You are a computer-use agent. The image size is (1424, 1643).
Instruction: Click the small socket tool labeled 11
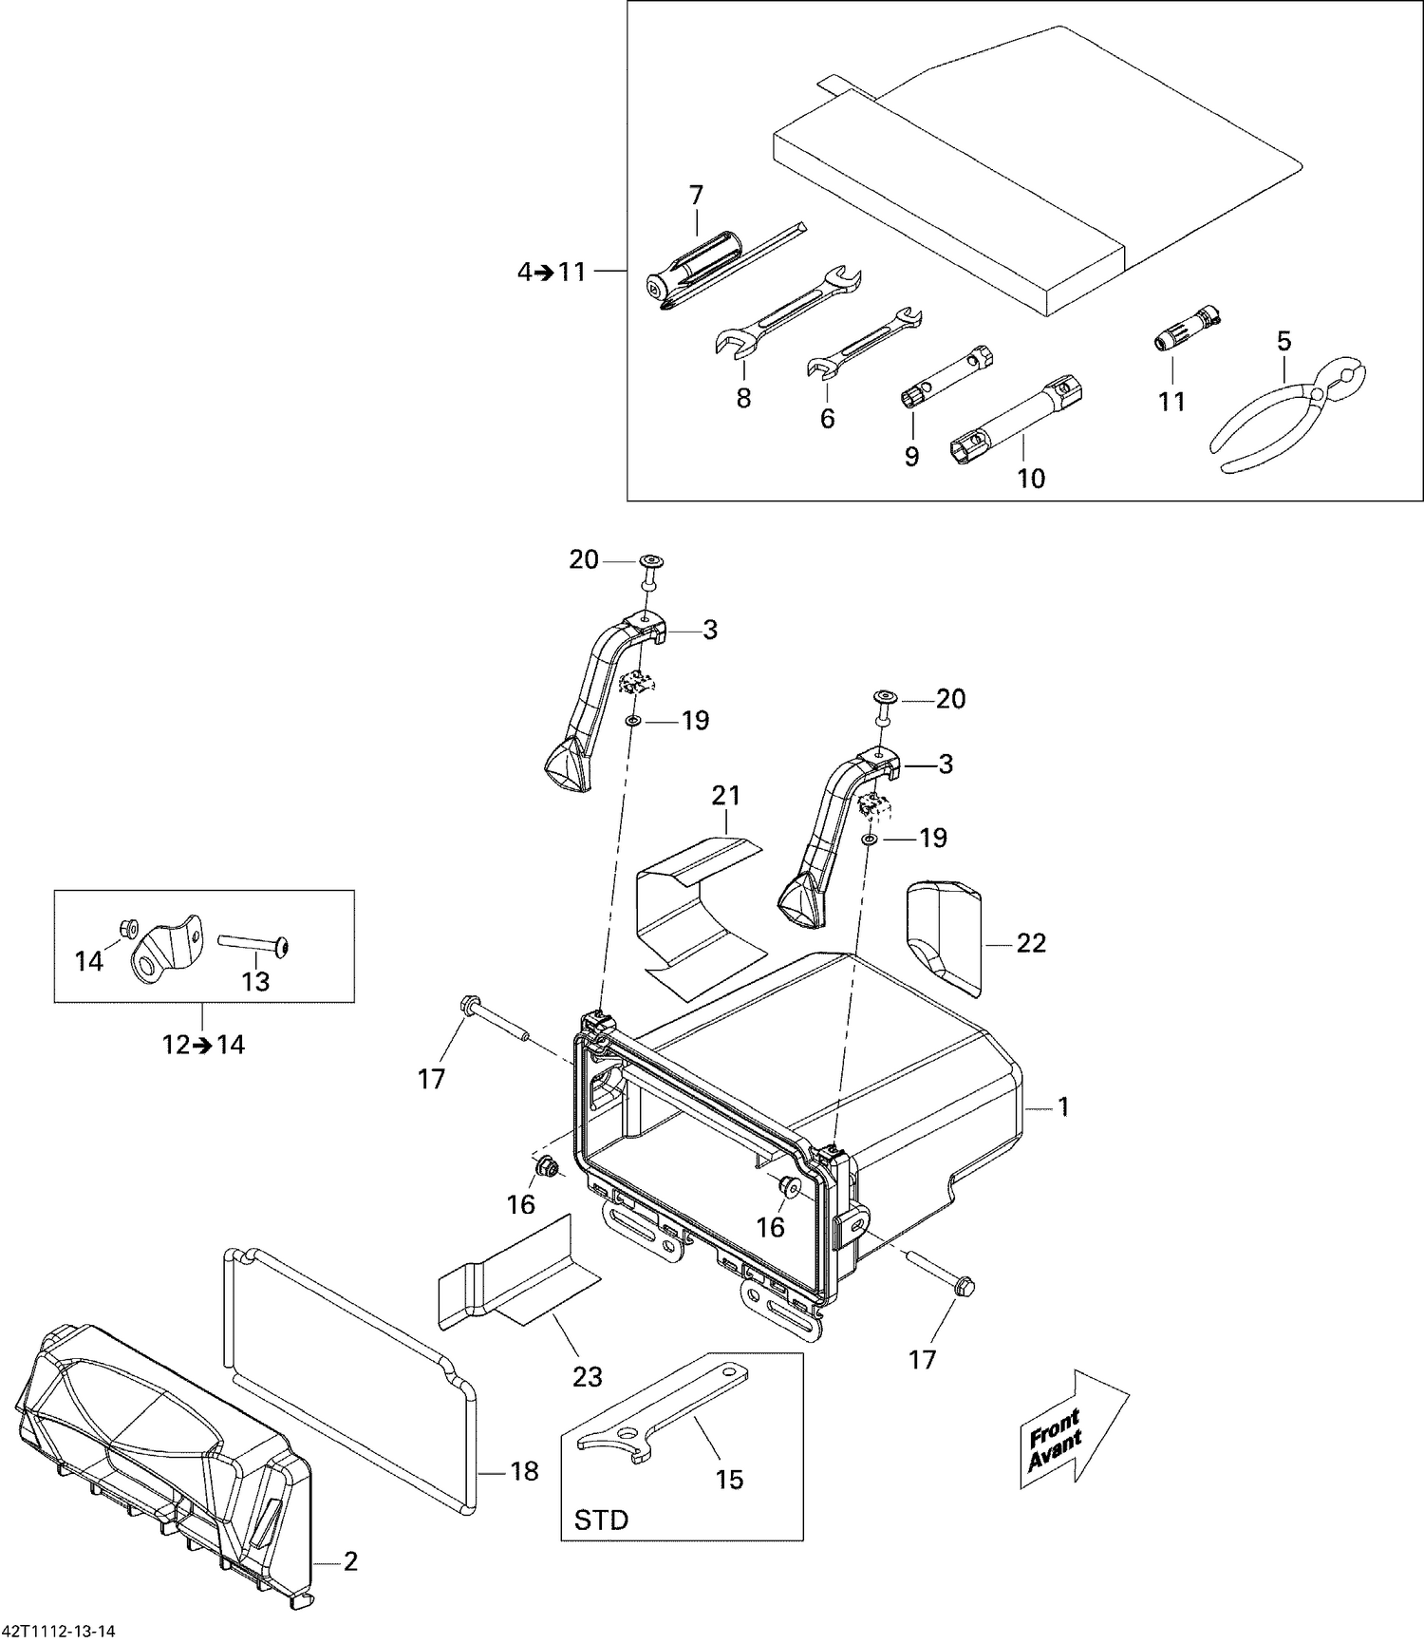tap(1186, 329)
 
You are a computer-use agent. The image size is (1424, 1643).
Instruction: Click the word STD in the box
tap(601, 1520)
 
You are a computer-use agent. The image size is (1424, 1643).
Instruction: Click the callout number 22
tap(1031, 943)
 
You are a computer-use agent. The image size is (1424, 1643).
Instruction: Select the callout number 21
tap(725, 796)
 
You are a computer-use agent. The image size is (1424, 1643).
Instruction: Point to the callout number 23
tap(588, 1376)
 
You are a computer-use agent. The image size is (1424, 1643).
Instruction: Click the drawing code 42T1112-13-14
tap(59, 1632)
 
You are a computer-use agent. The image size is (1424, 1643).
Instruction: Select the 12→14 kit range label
tap(202, 1045)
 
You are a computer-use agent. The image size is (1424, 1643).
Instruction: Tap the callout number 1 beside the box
tap(1063, 1106)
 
